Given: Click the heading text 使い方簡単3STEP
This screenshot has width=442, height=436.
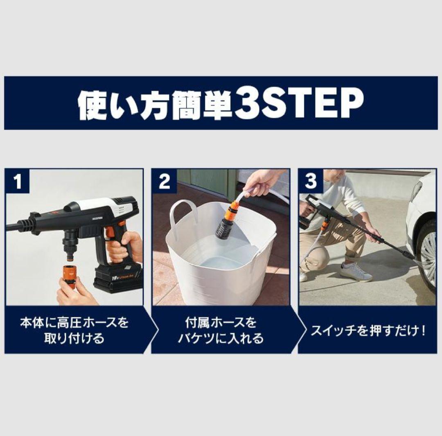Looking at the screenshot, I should click(221, 103).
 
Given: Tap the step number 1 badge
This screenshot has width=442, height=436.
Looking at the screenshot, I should click(17, 181).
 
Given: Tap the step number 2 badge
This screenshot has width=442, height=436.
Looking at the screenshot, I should click(164, 181).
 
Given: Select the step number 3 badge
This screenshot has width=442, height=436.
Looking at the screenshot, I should click(311, 181).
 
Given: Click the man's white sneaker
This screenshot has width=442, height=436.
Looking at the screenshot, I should click(355, 272).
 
